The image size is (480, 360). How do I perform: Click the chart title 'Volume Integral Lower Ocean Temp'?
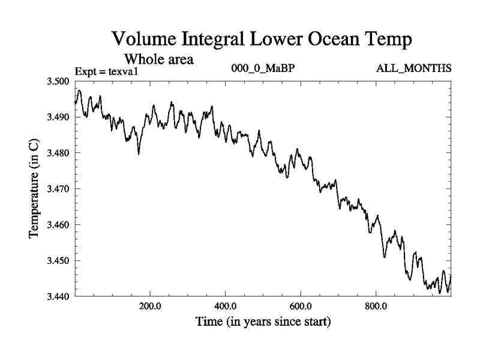262,40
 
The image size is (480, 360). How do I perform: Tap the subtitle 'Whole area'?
158,59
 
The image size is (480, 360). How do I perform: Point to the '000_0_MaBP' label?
263,68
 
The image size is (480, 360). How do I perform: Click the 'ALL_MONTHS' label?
413,68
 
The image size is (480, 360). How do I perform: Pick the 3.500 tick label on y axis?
58,81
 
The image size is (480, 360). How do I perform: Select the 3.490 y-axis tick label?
58,117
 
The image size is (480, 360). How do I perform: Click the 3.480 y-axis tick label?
58,153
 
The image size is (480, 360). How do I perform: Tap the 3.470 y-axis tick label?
58,189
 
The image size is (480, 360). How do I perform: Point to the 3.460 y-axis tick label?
58,225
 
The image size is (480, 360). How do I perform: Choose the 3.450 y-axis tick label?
58,261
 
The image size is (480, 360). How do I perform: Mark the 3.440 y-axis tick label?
58,296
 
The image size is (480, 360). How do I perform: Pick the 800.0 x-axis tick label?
376,306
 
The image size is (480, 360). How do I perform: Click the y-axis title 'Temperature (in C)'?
35,188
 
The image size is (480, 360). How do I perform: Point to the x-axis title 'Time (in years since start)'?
263,322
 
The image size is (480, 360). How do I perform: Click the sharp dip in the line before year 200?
139,154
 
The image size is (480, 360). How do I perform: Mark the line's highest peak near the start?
79,91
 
